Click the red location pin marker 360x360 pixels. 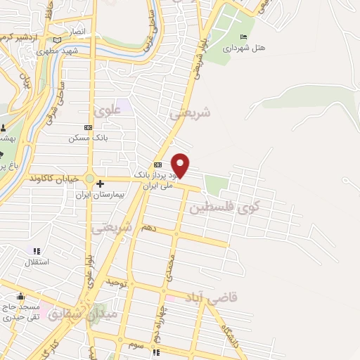pos(181,165)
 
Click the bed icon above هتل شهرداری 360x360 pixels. pos(243,37)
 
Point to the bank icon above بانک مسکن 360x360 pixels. pos(87,127)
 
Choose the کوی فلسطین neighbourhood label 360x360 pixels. pos(224,207)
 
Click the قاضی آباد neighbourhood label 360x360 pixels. pos(212,297)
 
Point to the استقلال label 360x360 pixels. pos(37,262)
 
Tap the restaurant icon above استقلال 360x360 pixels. pos(37,251)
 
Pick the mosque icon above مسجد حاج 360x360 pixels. pos(20,296)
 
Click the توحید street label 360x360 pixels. pos(114,281)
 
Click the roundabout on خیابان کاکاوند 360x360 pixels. pos(90,179)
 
